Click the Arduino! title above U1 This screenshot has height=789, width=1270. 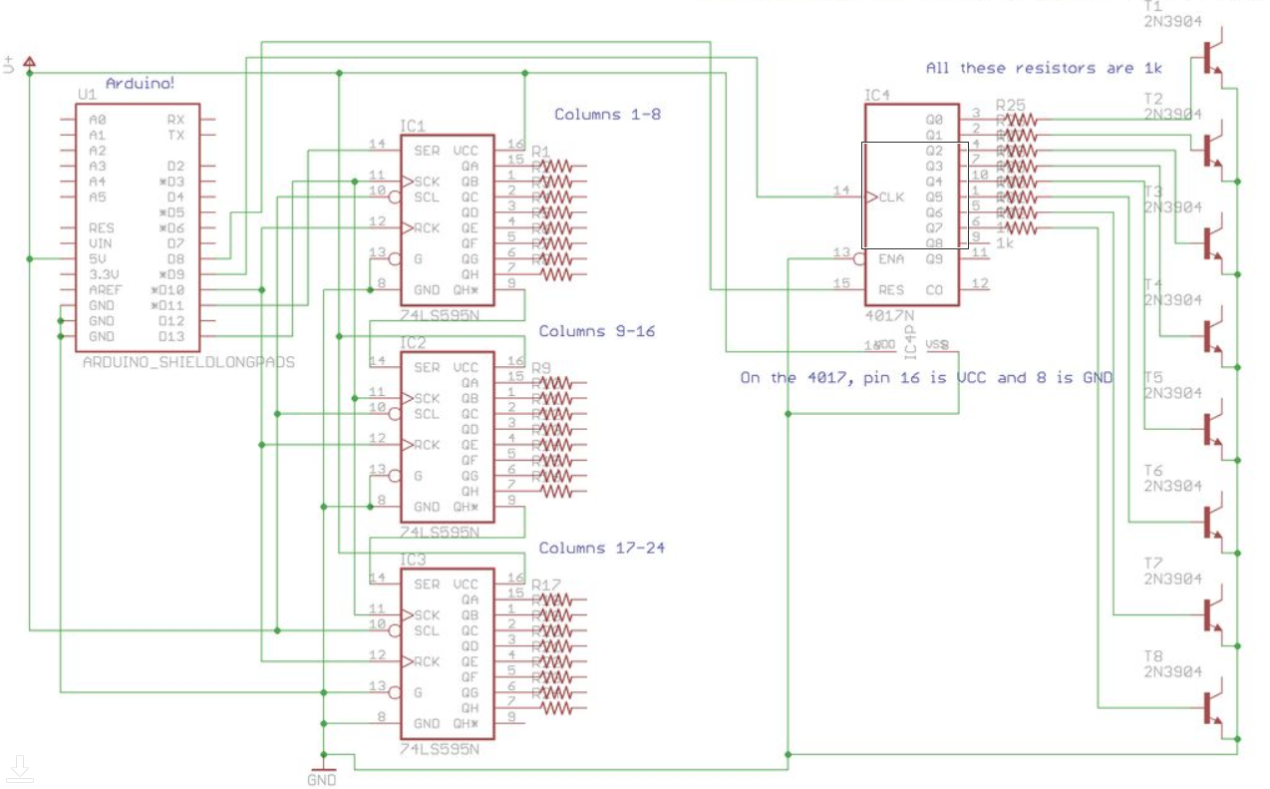click(141, 84)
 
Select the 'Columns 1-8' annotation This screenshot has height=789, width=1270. click(607, 115)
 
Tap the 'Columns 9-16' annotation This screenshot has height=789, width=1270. click(597, 331)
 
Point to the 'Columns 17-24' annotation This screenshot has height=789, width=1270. click(601, 548)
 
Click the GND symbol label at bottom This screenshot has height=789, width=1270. click(321, 780)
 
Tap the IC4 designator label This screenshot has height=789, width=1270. click(876, 96)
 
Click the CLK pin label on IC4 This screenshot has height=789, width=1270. click(891, 197)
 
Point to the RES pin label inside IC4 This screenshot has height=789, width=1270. click(890, 290)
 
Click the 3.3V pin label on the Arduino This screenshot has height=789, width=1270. click(105, 274)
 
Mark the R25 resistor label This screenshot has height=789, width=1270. click(1010, 105)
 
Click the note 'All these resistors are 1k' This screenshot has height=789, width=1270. click(1044, 68)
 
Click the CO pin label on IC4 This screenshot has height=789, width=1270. click(934, 290)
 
